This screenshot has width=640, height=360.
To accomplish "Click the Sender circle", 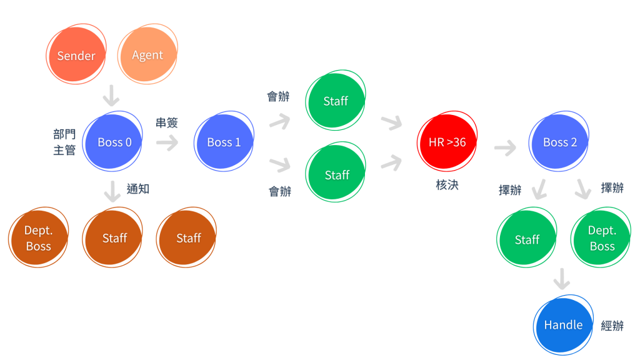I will (x=76, y=56).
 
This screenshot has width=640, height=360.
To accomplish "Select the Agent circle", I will (x=147, y=55).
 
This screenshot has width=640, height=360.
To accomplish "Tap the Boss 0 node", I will (x=114, y=142).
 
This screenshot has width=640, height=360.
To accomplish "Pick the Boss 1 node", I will (x=224, y=142).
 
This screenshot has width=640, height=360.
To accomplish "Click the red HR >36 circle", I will (x=447, y=142).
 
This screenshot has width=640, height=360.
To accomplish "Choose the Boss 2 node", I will (x=559, y=142).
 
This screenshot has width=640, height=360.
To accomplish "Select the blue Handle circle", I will (x=563, y=325).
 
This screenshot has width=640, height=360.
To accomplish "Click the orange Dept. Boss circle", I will (x=38, y=238).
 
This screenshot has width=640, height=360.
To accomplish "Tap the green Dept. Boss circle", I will (x=602, y=238).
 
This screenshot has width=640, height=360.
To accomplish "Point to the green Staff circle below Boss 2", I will (x=527, y=239).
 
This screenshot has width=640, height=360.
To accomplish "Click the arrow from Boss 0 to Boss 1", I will (x=167, y=143).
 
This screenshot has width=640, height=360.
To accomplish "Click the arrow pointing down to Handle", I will (x=562, y=279).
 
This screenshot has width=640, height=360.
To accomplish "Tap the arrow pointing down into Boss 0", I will (x=111, y=96).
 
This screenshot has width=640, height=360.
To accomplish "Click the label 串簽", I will (x=167, y=122).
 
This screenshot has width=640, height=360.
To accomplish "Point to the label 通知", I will (x=138, y=188).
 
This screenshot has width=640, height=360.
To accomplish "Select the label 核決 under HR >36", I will (x=447, y=184).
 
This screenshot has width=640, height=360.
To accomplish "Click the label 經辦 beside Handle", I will (x=612, y=325).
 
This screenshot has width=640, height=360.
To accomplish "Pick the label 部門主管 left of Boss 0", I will (x=64, y=142).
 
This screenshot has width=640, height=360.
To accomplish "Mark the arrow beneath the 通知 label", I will (x=112, y=191).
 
